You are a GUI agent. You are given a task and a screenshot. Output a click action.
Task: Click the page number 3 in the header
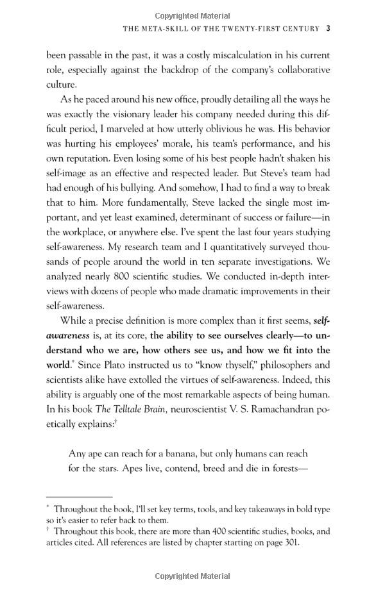tap(328, 28)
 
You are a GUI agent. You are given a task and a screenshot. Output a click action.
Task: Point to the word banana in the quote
tap(194, 454)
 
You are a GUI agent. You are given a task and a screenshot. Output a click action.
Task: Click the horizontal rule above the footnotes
tap(79, 497)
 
